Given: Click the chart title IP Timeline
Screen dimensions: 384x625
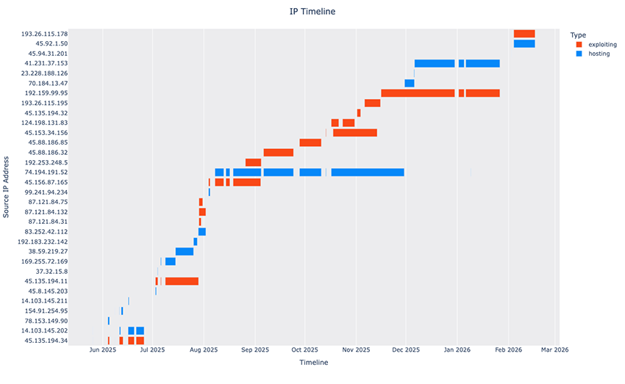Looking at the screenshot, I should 312,12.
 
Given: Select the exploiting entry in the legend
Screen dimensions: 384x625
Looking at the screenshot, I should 602,45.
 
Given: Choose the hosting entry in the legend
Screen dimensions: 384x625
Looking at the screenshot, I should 599,54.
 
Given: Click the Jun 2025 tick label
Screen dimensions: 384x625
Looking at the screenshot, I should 103,350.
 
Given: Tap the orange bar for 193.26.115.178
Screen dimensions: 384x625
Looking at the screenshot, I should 524,34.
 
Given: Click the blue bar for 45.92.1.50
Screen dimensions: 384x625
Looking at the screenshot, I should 524,44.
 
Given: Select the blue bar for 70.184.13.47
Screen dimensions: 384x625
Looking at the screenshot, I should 409,84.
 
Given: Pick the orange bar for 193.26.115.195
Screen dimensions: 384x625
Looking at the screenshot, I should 372,104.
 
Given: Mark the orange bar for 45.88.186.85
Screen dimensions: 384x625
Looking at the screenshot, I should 310,143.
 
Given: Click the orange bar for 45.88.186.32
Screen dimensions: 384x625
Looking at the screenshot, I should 278,153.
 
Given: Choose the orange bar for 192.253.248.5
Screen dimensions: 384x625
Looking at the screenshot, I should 253,162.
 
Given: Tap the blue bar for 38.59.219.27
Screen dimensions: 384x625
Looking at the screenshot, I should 184,252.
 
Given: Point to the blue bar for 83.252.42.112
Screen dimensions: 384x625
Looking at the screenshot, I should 201,232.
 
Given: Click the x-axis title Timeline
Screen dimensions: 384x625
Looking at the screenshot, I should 313,363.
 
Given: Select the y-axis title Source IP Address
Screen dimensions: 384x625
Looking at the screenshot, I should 7,186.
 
